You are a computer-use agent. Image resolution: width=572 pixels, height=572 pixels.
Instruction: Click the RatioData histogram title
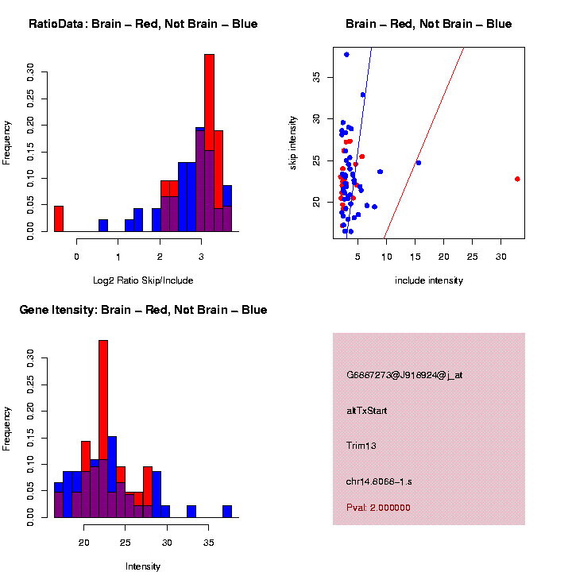[143, 24]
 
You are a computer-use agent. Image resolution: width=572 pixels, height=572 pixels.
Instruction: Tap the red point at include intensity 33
[517, 179]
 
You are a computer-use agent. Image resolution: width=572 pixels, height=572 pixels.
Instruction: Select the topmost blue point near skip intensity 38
[346, 55]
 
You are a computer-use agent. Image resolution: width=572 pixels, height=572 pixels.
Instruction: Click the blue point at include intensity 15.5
[419, 163]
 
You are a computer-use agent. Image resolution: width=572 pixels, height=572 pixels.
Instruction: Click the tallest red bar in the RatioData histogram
[210, 143]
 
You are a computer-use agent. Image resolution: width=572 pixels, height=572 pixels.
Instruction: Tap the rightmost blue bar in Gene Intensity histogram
[227, 512]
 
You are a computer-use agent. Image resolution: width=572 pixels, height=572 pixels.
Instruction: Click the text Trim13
[361, 446]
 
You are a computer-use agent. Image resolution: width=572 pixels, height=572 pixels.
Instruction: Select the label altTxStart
[366, 411]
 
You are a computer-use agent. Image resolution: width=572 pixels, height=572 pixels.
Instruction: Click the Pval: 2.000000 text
[378, 508]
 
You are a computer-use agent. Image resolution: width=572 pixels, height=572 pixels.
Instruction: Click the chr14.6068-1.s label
[383, 481]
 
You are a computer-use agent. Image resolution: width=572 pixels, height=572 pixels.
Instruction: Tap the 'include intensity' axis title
[429, 280]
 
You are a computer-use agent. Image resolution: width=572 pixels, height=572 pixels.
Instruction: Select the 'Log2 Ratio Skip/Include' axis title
[143, 280]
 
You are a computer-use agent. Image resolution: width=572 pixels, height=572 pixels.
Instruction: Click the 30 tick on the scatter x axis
[500, 257]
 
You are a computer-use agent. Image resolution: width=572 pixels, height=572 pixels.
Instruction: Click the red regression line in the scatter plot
[425, 143]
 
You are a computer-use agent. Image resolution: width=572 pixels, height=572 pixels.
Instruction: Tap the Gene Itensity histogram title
[143, 310]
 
